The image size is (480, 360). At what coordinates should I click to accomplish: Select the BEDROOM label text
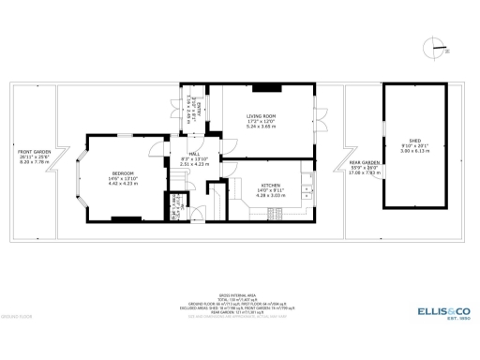[123, 173]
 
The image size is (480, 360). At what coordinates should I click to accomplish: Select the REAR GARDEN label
[363, 162]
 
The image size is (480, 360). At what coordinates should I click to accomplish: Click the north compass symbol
[434, 45]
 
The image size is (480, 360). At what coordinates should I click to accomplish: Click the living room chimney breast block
[268, 88]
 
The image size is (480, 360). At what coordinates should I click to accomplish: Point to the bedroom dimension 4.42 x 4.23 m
[123, 185]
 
